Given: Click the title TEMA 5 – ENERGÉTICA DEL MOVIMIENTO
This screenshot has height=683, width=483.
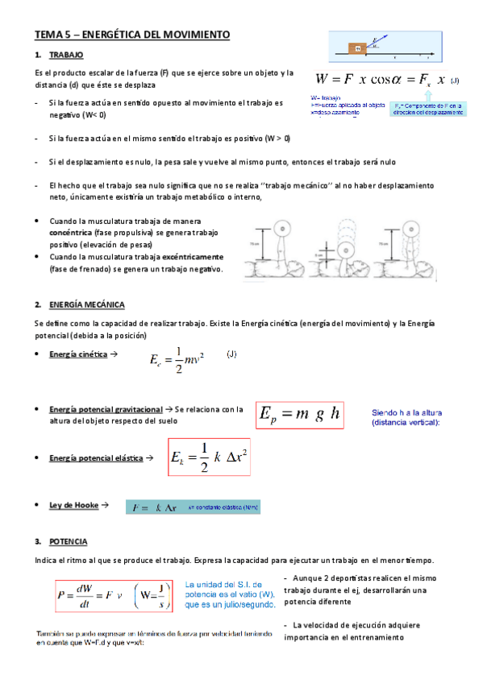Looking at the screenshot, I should tap(132, 35).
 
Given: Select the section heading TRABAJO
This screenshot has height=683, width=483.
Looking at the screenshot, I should tap(66, 56).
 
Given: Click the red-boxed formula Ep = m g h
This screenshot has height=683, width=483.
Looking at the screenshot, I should tap(300, 416).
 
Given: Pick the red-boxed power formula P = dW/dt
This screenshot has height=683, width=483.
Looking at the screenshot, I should tap(115, 596).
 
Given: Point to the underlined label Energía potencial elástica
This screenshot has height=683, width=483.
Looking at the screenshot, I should tap(95, 457).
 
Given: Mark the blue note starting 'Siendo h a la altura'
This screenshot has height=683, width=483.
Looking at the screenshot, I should tap(410, 416).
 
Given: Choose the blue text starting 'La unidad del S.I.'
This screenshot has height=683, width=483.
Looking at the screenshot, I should tap(230, 593).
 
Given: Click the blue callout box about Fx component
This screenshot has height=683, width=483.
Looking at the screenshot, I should tap(427, 109).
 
